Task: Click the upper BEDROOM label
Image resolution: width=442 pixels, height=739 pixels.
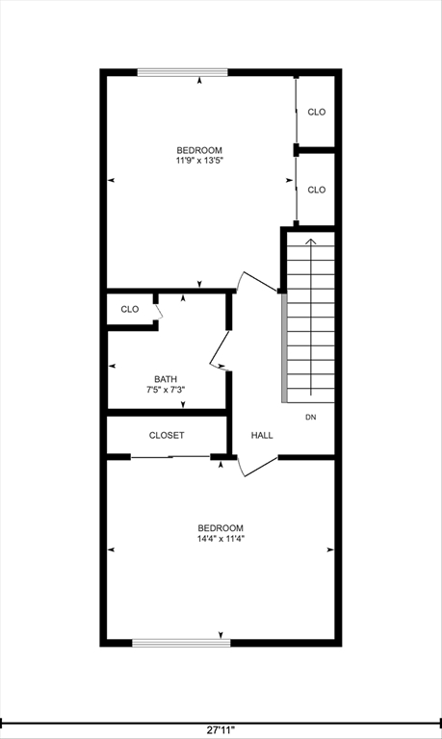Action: pyautogui.click(x=199, y=150)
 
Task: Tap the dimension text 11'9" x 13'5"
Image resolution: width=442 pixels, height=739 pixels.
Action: pyautogui.click(x=199, y=162)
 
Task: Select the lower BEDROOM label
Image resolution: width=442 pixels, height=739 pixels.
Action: pyautogui.click(x=221, y=527)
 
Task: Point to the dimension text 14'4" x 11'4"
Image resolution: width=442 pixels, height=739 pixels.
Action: pyautogui.click(x=221, y=539)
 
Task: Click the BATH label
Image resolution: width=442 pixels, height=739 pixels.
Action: pyautogui.click(x=166, y=379)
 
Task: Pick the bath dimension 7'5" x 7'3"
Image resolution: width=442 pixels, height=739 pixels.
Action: pyautogui.click(x=166, y=391)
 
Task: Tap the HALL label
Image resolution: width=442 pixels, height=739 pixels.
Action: pyautogui.click(x=262, y=435)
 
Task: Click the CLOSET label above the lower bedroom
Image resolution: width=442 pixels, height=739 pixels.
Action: pyautogui.click(x=167, y=435)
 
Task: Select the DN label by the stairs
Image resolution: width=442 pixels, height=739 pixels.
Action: pyautogui.click(x=311, y=417)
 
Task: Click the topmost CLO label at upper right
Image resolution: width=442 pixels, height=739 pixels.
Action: pyautogui.click(x=317, y=112)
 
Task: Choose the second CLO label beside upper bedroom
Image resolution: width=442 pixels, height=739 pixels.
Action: pyautogui.click(x=317, y=190)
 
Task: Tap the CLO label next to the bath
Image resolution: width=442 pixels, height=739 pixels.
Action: pyautogui.click(x=130, y=309)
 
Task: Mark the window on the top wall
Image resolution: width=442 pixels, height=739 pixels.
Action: pyautogui.click(x=182, y=72)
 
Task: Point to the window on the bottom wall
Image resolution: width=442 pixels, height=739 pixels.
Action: pyautogui.click(x=181, y=642)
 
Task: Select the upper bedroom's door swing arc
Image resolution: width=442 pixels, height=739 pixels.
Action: pyautogui.click(x=258, y=280)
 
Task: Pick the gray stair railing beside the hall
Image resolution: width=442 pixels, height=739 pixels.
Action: pyautogui.click(x=284, y=346)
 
